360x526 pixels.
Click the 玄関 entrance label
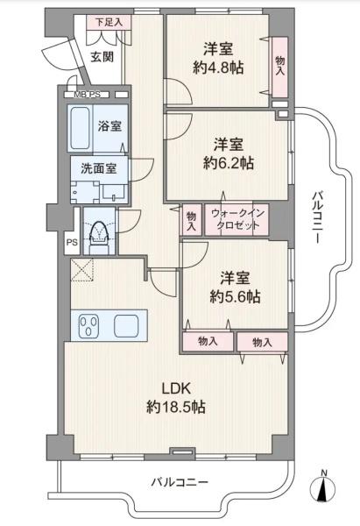tap(102, 58)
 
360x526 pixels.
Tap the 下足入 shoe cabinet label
tap(109, 21)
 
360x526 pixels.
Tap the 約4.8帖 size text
tap(218, 68)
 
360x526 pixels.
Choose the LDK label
tap(174, 387)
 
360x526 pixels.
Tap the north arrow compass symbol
tap(323, 487)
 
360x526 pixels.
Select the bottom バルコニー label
tap(179, 482)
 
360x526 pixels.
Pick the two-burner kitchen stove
tap(88, 326)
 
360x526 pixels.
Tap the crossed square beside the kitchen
tap(83, 272)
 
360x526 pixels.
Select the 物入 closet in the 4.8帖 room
tap(279, 65)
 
